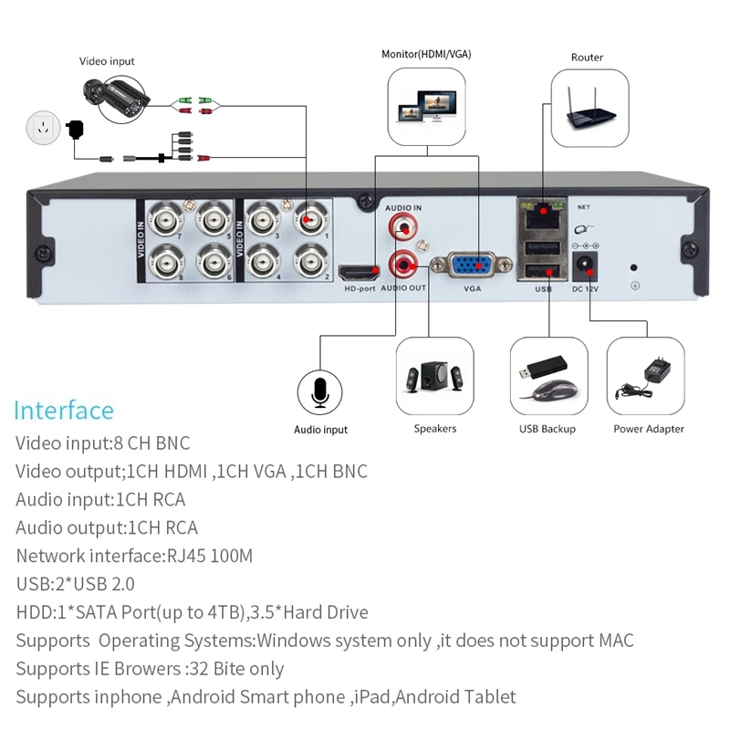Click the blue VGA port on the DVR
pyautogui.click(x=471, y=266)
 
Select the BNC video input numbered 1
pyautogui.click(x=309, y=220)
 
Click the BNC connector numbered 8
pyautogui.click(x=168, y=262)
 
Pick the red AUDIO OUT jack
pyautogui.click(x=403, y=266)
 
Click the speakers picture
pyautogui.click(x=434, y=378)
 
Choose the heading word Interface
pyautogui.click(x=64, y=411)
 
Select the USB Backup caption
pyautogui.click(x=546, y=429)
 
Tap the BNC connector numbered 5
pyautogui.click(x=214, y=220)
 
